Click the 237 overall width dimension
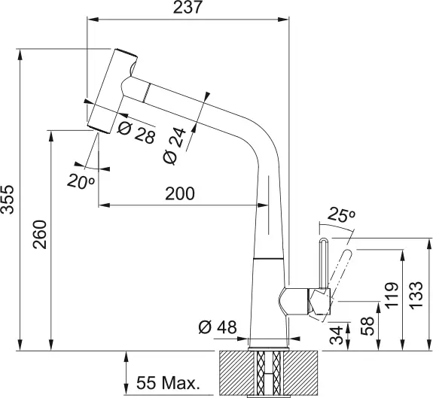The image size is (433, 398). (x=188, y=9)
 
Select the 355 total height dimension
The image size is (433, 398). (x=8, y=200)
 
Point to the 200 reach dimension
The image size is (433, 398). (x=180, y=193)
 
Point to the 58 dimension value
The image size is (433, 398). (x=367, y=326)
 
